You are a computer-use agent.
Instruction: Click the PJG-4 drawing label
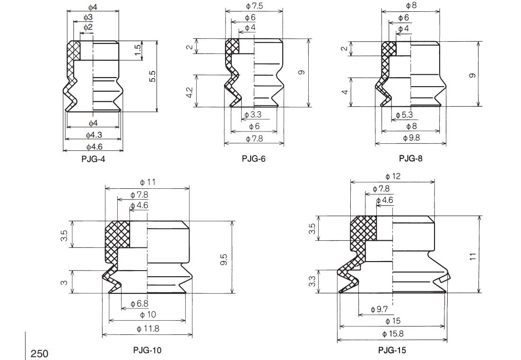click(93, 159)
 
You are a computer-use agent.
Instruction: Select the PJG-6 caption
click(254, 159)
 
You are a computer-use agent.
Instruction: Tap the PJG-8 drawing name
click(410, 158)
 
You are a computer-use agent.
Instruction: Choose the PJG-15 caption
click(392, 350)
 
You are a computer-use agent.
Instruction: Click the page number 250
click(39, 353)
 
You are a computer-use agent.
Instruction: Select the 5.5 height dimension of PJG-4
click(152, 77)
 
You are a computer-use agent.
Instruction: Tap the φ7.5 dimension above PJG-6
click(254, 6)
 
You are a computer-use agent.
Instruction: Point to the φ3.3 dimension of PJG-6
click(253, 115)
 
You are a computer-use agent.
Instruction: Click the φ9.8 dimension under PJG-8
click(411, 138)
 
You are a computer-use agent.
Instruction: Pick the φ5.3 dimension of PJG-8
click(404, 115)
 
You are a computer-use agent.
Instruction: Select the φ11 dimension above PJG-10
click(148, 182)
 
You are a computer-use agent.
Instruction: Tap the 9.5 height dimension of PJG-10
click(225, 260)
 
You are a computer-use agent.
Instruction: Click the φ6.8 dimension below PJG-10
click(139, 304)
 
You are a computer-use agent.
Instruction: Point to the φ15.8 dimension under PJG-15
click(392, 334)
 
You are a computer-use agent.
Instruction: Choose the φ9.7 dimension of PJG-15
click(379, 309)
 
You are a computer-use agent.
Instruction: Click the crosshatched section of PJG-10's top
click(117, 234)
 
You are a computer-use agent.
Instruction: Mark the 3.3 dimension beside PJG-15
click(312, 282)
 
